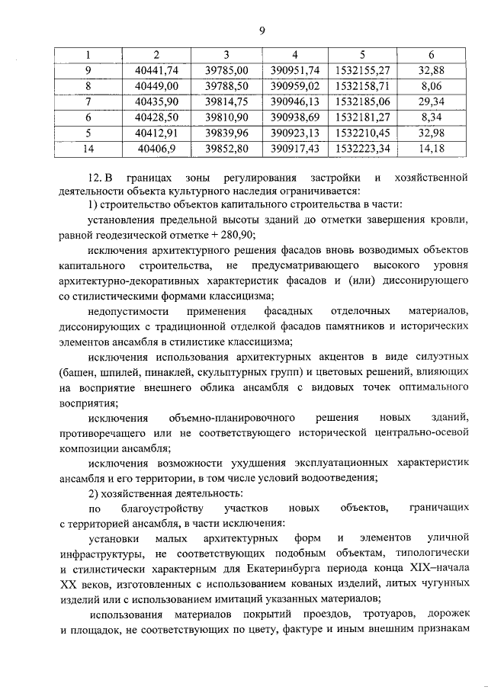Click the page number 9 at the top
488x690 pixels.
pyautogui.click(x=261, y=30)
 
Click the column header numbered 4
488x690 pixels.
pyautogui.click(x=294, y=55)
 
